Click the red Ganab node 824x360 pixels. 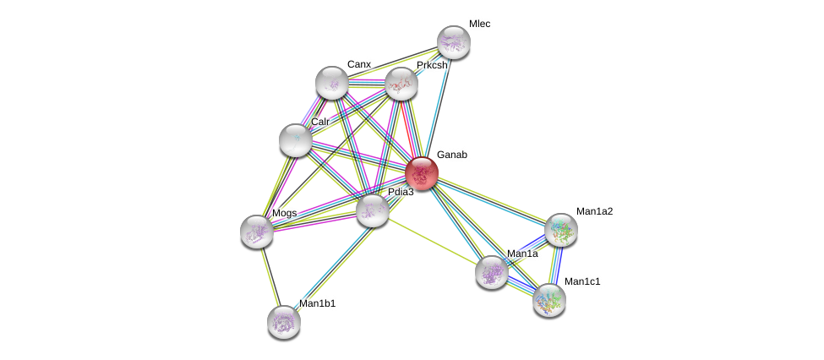tap(421, 173)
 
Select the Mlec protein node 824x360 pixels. tap(453, 42)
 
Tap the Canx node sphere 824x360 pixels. tap(332, 82)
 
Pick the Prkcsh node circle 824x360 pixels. tap(401, 83)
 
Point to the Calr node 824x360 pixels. tap(296, 139)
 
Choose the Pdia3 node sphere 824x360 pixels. tap(372, 210)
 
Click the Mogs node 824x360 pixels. tap(257, 231)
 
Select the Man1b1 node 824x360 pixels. tap(284, 320)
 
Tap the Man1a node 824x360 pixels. tap(491, 271)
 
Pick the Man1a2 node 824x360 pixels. tap(560, 229)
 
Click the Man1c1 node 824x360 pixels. tap(548, 299)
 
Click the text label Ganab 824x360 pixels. tap(451, 155)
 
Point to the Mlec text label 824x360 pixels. tap(479, 24)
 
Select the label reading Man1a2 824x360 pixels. tap(594, 211)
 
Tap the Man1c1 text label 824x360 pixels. tap(581, 281)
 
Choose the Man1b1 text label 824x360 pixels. tap(317, 303)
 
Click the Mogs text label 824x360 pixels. tap(284, 213)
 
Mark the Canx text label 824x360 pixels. tap(358, 64)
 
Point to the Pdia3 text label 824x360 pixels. tap(401, 192)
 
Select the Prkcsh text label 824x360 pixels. tap(431, 65)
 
